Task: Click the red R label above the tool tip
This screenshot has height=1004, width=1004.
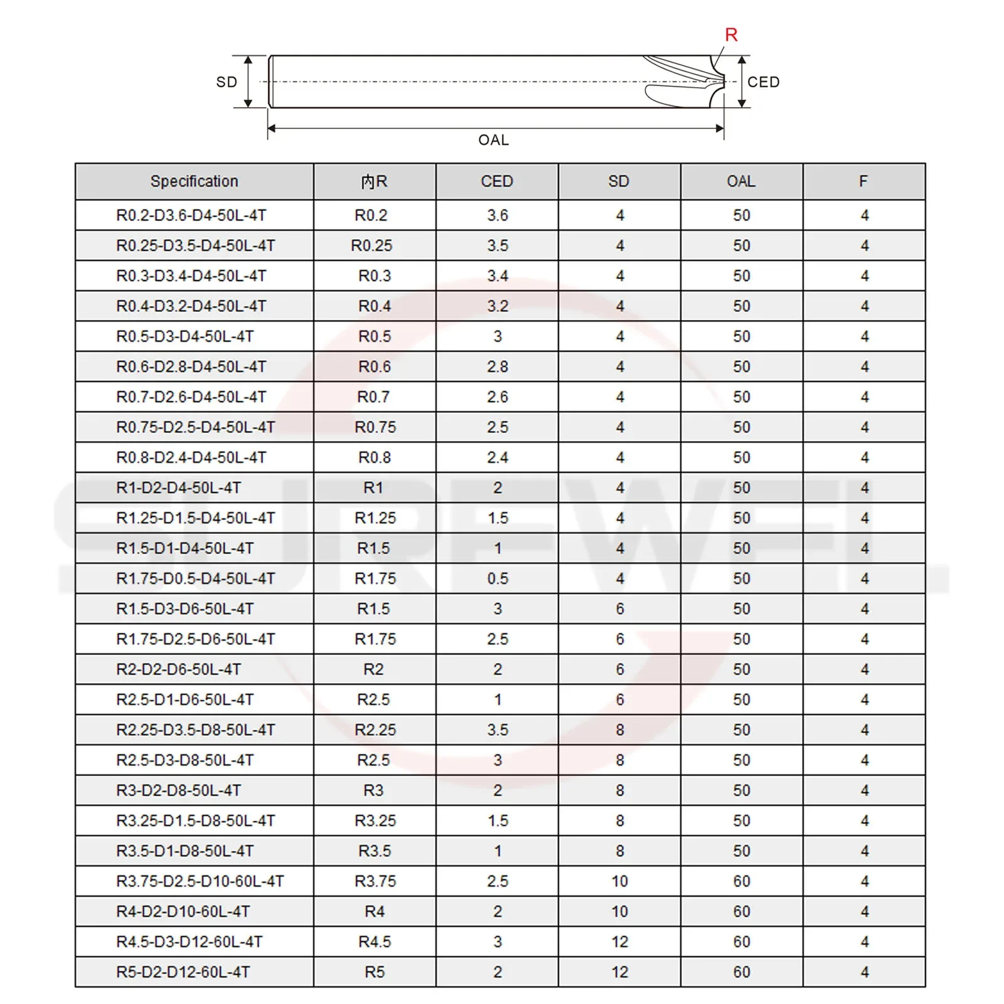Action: click(x=731, y=35)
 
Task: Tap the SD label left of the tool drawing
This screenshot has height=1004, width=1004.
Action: click(x=227, y=82)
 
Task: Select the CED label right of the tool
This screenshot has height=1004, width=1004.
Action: click(x=763, y=82)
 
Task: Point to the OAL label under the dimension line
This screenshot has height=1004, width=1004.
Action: click(x=493, y=140)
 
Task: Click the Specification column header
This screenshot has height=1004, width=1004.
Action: click(x=194, y=181)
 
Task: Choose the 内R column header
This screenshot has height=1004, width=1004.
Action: click(x=374, y=181)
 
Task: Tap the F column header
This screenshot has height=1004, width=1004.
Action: click(x=863, y=181)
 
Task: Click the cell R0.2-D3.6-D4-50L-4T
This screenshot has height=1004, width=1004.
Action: click(x=191, y=215)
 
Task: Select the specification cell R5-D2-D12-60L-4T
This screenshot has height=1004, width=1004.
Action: click(x=183, y=972)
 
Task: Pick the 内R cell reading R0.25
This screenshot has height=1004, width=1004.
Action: click(x=371, y=245)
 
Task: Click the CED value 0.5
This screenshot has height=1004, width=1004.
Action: click(x=498, y=579)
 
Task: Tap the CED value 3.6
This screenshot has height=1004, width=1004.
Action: click(x=498, y=215)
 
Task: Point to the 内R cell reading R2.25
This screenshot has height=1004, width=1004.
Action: click(x=375, y=730)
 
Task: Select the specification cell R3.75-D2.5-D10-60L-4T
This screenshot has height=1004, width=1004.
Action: click(x=200, y=881)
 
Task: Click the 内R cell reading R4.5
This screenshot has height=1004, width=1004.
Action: click(x=375, y=942)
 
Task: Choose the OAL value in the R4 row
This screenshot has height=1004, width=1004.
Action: click(x=742, y=911)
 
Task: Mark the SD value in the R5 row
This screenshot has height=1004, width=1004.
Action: click(x=619, y=972)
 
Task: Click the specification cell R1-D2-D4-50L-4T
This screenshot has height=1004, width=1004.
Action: click(x=179, y=488)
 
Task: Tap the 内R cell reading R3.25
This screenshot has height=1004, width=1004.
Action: click(x=375, y=821)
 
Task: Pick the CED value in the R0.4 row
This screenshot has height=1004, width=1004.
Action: click(x=498, y=306)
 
